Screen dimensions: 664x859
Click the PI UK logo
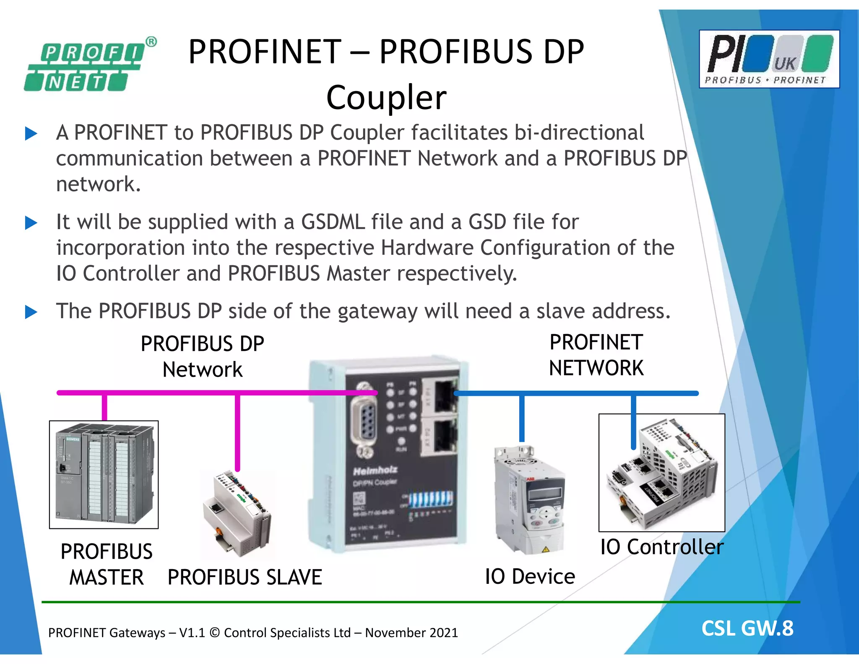pyautogui.click(x=769, y=59)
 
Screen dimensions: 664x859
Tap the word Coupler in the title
pyautogui.click(x=386, y=97)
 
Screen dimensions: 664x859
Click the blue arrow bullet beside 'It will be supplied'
pyautogui.click(x=31, y=222)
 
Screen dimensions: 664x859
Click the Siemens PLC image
pyautogui.click(x=104, y=474)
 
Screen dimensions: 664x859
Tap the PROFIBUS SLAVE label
pyautogui.click(x=245, y=577)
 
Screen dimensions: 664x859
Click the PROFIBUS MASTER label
pyautogui.click(x=107, y=564)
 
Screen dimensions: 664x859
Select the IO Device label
pyautogui.click(x=530, y=576)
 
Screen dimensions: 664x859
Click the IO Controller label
pyautogui.click(x=662, y=547)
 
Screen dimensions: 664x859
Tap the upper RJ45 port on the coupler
pyautogui.click(x=443, y=397)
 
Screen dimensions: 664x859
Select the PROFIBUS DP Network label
pyautogui.click(x=202, y=357)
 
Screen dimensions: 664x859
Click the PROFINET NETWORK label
pyautogui.click(x=596, y=355)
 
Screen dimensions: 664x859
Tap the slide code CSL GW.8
pyautogui.click(x=747, y=628)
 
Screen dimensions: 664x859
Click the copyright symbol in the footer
pyautogui.click(x=214, y=633)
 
